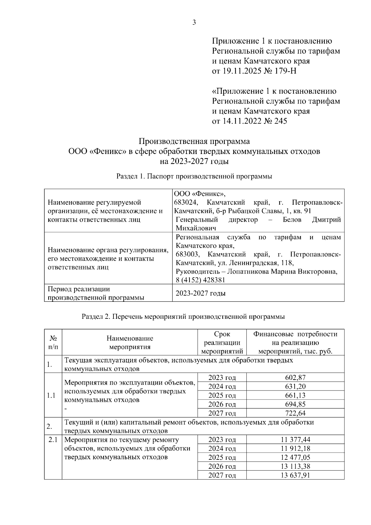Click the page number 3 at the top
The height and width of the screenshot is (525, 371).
(x=194, y=22)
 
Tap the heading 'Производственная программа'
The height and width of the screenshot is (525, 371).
(x=194, y=142)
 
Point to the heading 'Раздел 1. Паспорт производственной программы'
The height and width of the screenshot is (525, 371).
(x=194, y=177)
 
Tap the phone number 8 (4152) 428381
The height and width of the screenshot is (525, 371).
(x=200, y=280)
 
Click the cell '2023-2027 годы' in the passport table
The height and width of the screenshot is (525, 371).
(x=201, y=293)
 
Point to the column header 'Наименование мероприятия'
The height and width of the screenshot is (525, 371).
(x=130, y=343)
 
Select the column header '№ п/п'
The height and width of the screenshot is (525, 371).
(x=53, y=343)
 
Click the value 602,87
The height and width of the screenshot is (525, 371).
(x=295, y=378)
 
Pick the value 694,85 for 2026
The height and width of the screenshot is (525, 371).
(x=295, y=404)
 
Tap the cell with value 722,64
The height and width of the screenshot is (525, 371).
(x=295, y=413)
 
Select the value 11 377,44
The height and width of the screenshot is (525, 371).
(x=295, y=440)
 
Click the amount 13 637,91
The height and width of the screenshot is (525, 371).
(x=295, y=476)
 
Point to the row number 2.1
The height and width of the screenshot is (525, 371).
(x=53, y=440)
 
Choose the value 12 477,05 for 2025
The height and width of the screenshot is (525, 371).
(x=295, y=458)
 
